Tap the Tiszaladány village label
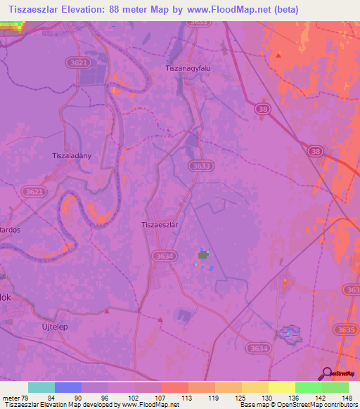72,156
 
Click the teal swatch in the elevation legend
41,387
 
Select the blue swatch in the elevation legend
67,387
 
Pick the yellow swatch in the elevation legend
281,387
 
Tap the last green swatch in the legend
335,387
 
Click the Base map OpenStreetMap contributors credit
298,405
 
